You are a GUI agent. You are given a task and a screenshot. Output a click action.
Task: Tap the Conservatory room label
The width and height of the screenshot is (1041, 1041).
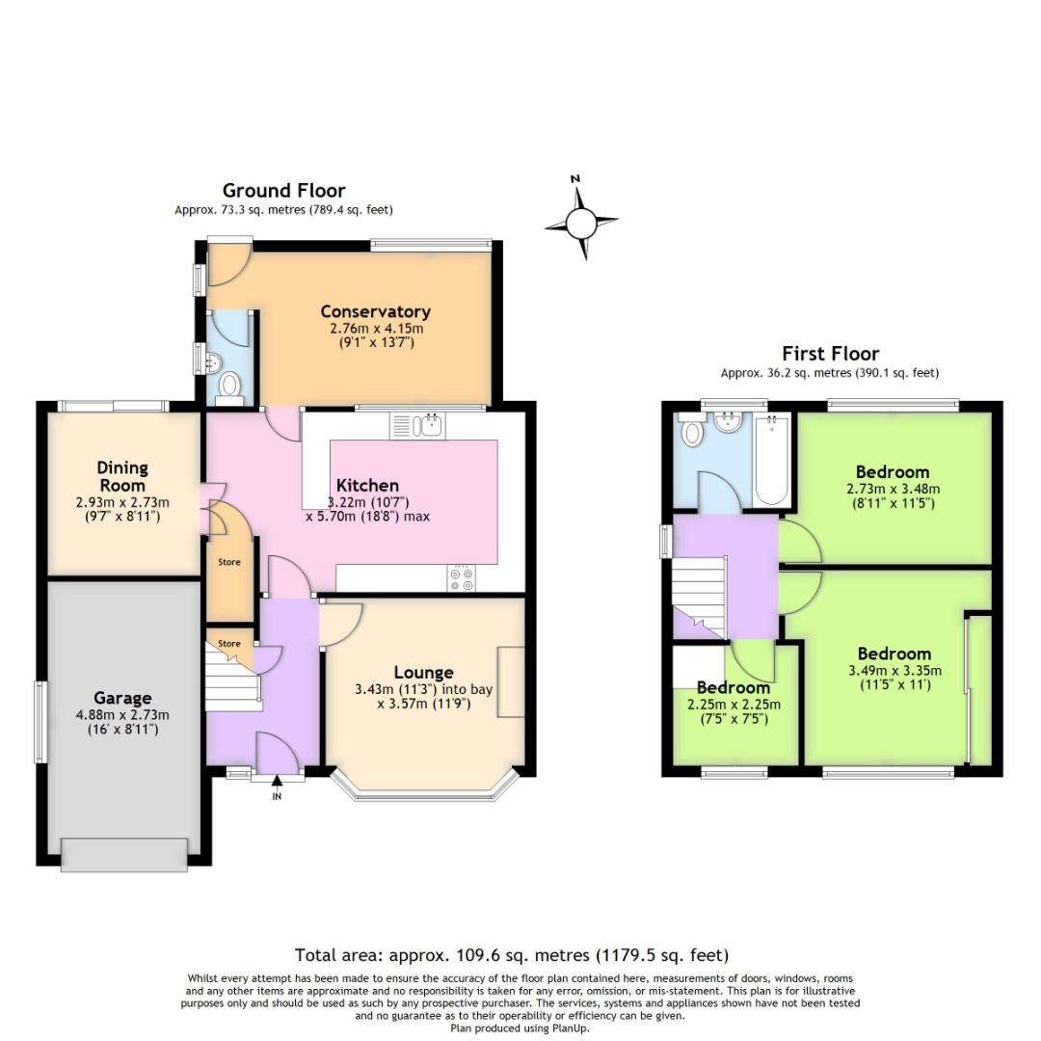pos(375,311)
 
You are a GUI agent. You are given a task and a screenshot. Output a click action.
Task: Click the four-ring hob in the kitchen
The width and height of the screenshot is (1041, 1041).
pos(462,577)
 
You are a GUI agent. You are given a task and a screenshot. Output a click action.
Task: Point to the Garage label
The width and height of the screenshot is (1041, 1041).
pos(122,698)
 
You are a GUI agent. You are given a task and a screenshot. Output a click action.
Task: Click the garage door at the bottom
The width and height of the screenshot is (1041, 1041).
pos(124,854)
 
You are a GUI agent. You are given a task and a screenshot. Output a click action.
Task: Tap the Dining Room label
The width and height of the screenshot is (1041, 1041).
pos(122,476)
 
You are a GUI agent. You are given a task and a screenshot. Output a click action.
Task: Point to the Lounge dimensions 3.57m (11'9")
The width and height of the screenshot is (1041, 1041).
pos(424,704)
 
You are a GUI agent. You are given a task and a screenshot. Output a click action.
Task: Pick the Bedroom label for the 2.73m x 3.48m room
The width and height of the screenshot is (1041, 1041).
pos(893,472)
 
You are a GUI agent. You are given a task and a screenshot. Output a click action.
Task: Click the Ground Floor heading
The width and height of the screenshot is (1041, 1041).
pos(283,191)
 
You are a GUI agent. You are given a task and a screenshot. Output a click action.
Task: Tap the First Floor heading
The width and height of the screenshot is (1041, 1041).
pos(830,353)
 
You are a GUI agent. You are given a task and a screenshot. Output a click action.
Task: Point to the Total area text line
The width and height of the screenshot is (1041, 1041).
pos(511,955)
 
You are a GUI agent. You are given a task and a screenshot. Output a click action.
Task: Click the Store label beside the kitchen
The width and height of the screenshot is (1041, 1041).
pos(229,562)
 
